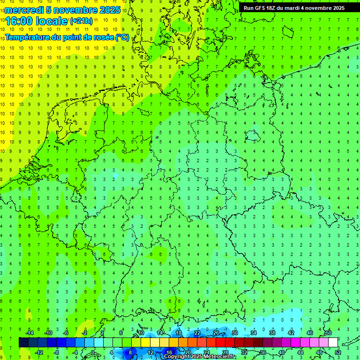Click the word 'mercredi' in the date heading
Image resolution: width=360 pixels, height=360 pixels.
coord(24,10)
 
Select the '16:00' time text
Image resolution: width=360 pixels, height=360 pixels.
coord(21,22)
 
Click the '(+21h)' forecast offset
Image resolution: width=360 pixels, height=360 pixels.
coord(81,21)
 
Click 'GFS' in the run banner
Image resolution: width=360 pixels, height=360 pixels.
coord(260,8)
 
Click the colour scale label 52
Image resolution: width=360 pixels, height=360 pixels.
coord(338,352)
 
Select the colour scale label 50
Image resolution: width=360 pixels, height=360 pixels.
coord(329,333)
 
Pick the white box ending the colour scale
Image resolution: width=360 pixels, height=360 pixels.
coord(333,343)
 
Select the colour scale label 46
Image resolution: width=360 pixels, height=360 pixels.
coord(310,333)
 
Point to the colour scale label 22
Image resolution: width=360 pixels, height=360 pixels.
coord(197,333)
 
